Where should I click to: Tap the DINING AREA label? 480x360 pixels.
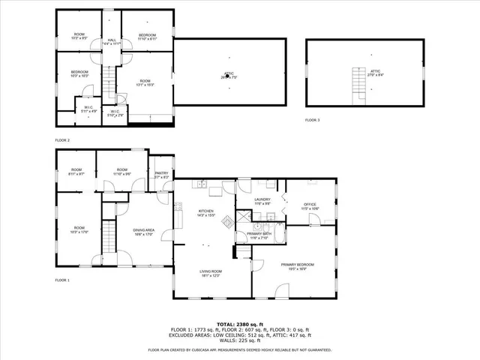click(143, 232)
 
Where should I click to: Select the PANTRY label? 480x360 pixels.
click(161, 172)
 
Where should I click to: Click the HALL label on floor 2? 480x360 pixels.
click(111, 40)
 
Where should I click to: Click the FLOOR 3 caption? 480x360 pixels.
click(312, 120)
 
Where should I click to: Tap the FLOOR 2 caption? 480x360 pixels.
click(62, 140)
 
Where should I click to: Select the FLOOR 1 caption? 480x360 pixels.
click(62, 280)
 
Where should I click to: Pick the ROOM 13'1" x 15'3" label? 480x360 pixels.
click(145, 82)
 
